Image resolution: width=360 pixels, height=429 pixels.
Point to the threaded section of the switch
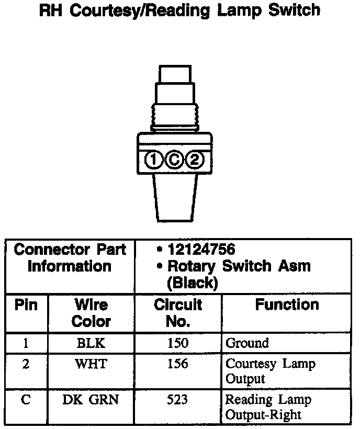pyautogui.click(x=175, y=115)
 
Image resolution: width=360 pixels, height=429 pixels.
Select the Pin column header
pyautogui.click(x=26, y=305)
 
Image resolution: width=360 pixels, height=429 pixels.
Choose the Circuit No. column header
pyautogui.click(x=178, y=312)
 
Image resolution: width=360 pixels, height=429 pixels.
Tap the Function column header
pyautogui.click(x=287, y=305)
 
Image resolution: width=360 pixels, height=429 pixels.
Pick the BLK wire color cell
pyautogui.click(x=91, y=343)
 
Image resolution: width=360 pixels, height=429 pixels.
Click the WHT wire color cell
pyautogui.click(x=91, y=364)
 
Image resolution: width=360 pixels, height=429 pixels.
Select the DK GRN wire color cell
pyautogui.click(x=91, y=400)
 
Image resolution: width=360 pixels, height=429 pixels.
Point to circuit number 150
pyautogui.click(x=178, y=343)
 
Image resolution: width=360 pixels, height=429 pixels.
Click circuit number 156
pyautogui.click(x=178, y=364)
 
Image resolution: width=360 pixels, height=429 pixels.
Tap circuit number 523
pyautogui.click(x=178, y=400)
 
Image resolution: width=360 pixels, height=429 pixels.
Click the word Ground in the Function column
pyautogui.click(x=247, y=344)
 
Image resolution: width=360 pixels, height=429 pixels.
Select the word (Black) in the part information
pyautogui.click(x=192, y=283)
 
